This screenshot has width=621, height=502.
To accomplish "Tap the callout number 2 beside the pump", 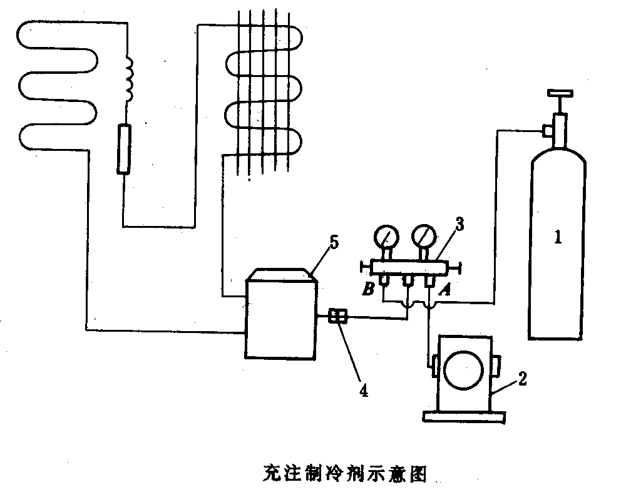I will (x=521, y=377).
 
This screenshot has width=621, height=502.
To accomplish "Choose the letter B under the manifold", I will (x=369, y=290).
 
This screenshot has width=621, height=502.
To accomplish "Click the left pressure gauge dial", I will (x=386, y=237).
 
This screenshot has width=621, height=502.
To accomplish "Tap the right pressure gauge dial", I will (x=425, y=237).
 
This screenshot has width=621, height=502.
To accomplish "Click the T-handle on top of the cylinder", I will (x=560, y=95).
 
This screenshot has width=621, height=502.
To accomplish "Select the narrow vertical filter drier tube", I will (x=124, y=148).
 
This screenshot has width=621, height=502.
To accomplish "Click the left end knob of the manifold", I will (x=363, y=267).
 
